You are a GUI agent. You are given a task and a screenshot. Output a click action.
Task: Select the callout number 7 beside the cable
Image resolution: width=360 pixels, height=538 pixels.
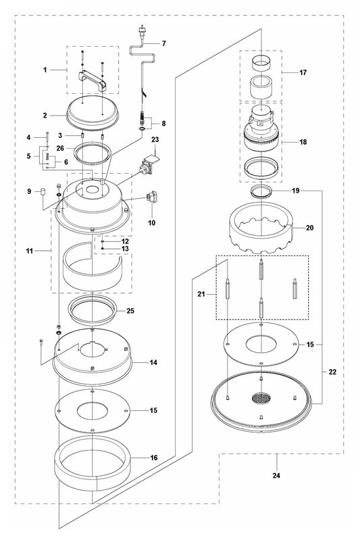click(163, 44)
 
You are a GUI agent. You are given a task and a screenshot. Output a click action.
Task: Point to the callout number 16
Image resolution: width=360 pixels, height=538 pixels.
click(154, 458)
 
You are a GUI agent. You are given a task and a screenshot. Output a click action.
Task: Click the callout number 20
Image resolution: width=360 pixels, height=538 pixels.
click(309, 228)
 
